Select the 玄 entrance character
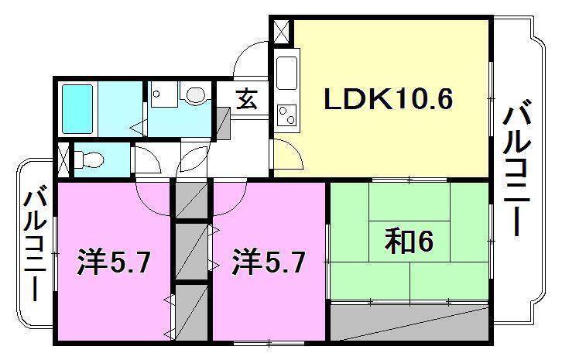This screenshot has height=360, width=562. (247, 98)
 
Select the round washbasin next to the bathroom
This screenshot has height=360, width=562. (195, 94)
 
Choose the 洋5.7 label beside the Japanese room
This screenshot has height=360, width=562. (268, 263)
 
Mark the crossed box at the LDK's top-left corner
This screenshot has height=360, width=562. (279, 33)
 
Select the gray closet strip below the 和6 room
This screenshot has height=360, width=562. (410, 321)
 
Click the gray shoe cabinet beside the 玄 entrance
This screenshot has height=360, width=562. (223, 122)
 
